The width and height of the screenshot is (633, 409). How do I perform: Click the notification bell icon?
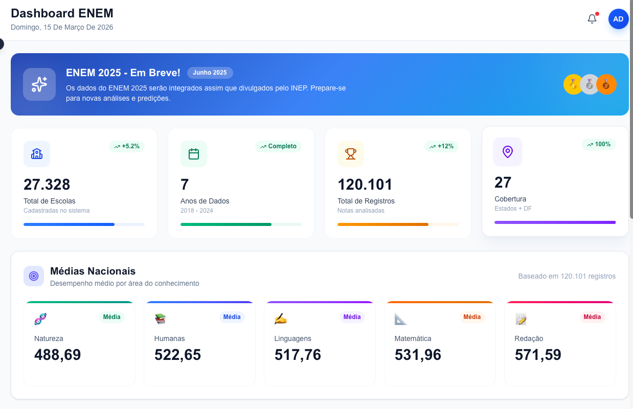click(x=592, y=19)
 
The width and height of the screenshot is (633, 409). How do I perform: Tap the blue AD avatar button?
click(x=618, y=19)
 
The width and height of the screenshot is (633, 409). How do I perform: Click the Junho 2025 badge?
click(x=210, y=73)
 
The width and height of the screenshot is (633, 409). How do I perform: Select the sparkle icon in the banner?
click(x=39, y=84)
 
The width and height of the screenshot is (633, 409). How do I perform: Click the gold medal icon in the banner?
click(x=573, y=84)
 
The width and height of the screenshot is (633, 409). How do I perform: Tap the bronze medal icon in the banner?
click(x=606, y=84)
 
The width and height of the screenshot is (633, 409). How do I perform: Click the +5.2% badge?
click(x=127, y=146)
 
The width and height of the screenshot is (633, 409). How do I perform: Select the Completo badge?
click(x=278, y=146)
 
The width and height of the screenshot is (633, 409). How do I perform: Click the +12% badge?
click(x=441, y=146)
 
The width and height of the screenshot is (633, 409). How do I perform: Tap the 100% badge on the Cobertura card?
click(x=599, y=144)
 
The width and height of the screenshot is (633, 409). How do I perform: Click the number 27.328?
click(x=47, y=184)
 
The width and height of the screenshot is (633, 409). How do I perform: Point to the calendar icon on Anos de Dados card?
click(x=194, y=154)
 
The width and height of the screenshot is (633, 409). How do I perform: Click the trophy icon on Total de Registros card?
click(x=351, y=154)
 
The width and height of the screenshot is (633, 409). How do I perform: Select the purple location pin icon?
click(x=507, y=152)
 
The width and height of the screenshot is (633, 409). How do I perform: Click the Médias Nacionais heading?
click(x=93, y=271)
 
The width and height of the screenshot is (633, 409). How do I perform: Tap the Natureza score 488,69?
click(x=57, y=354)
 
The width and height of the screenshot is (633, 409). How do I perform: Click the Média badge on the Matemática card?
click(x=471, y=317)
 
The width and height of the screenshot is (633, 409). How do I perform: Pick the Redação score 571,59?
click(x=538, y=354)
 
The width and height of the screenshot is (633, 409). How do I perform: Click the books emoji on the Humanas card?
click(x=161, y=319)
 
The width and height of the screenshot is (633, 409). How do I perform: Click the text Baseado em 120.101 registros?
click(x=567, y=276)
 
